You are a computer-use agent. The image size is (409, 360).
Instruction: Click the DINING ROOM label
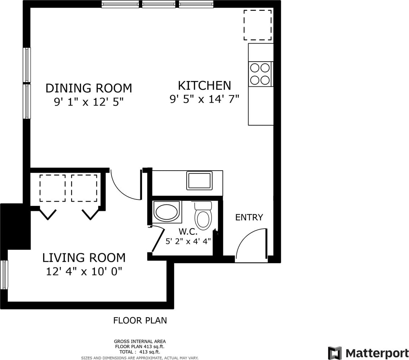[x=89, y=88]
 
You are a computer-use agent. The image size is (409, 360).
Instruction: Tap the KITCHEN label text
[x=204, y=86]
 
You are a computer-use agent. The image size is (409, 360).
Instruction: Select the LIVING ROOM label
[x=84, y=258]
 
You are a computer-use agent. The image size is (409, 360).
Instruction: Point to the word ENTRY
[x=249, y=217]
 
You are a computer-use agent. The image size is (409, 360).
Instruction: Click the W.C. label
[x=188, y=231]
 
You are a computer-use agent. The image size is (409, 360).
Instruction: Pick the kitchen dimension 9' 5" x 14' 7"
[x=204, y=99]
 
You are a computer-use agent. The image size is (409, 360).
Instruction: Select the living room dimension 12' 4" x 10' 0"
[x=84, y=271]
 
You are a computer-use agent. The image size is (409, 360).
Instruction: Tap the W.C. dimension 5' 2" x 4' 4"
[x=188, y=241]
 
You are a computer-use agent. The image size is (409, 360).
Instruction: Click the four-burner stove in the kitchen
[x=260, y=75]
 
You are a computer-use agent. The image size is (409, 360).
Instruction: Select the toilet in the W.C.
[x=203, y=215]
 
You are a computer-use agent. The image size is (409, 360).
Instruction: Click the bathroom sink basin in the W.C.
[x=167, y=212]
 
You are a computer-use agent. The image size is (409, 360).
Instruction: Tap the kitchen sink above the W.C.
[x=199, y=181]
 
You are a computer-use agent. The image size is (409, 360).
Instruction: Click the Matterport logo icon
[x=335, y=353]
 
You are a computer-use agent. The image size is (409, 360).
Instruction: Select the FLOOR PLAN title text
[x=140, y=320]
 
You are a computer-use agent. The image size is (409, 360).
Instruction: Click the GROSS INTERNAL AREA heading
[x=140, y=341]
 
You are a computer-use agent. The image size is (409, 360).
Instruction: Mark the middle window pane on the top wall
[x=159, y=4]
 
